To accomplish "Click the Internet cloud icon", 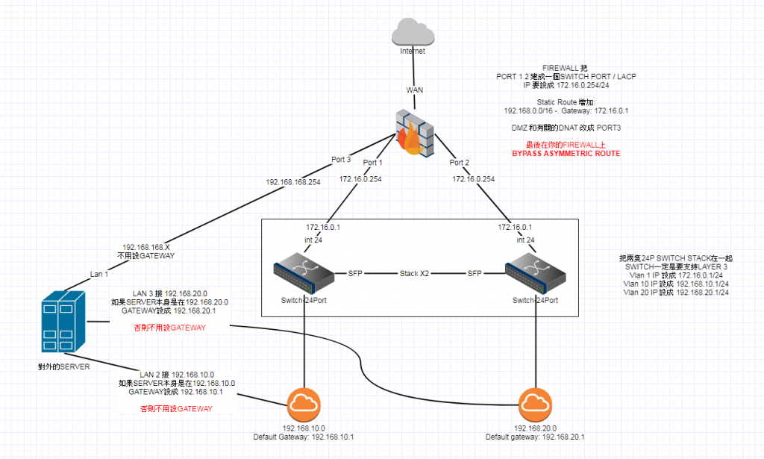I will click(x=413, y=32).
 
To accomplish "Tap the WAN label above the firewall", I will click(x=414, y=90).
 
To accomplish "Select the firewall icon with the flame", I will click(x=414, y=132).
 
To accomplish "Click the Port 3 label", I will click(x=340, y=159).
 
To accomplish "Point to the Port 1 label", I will click(x=372, y=163).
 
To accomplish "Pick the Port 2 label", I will click(x=460, y=163).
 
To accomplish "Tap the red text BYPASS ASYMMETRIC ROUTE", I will click(x=566, y=153).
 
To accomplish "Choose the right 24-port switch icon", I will click(x=536, y=275).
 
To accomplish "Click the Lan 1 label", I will click(x=100, y=274).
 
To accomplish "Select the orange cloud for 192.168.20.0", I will click(x=536, y=408).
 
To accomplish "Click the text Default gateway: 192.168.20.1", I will click(x=534, y=437).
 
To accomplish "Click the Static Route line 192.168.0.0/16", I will click(x=564, y=110).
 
